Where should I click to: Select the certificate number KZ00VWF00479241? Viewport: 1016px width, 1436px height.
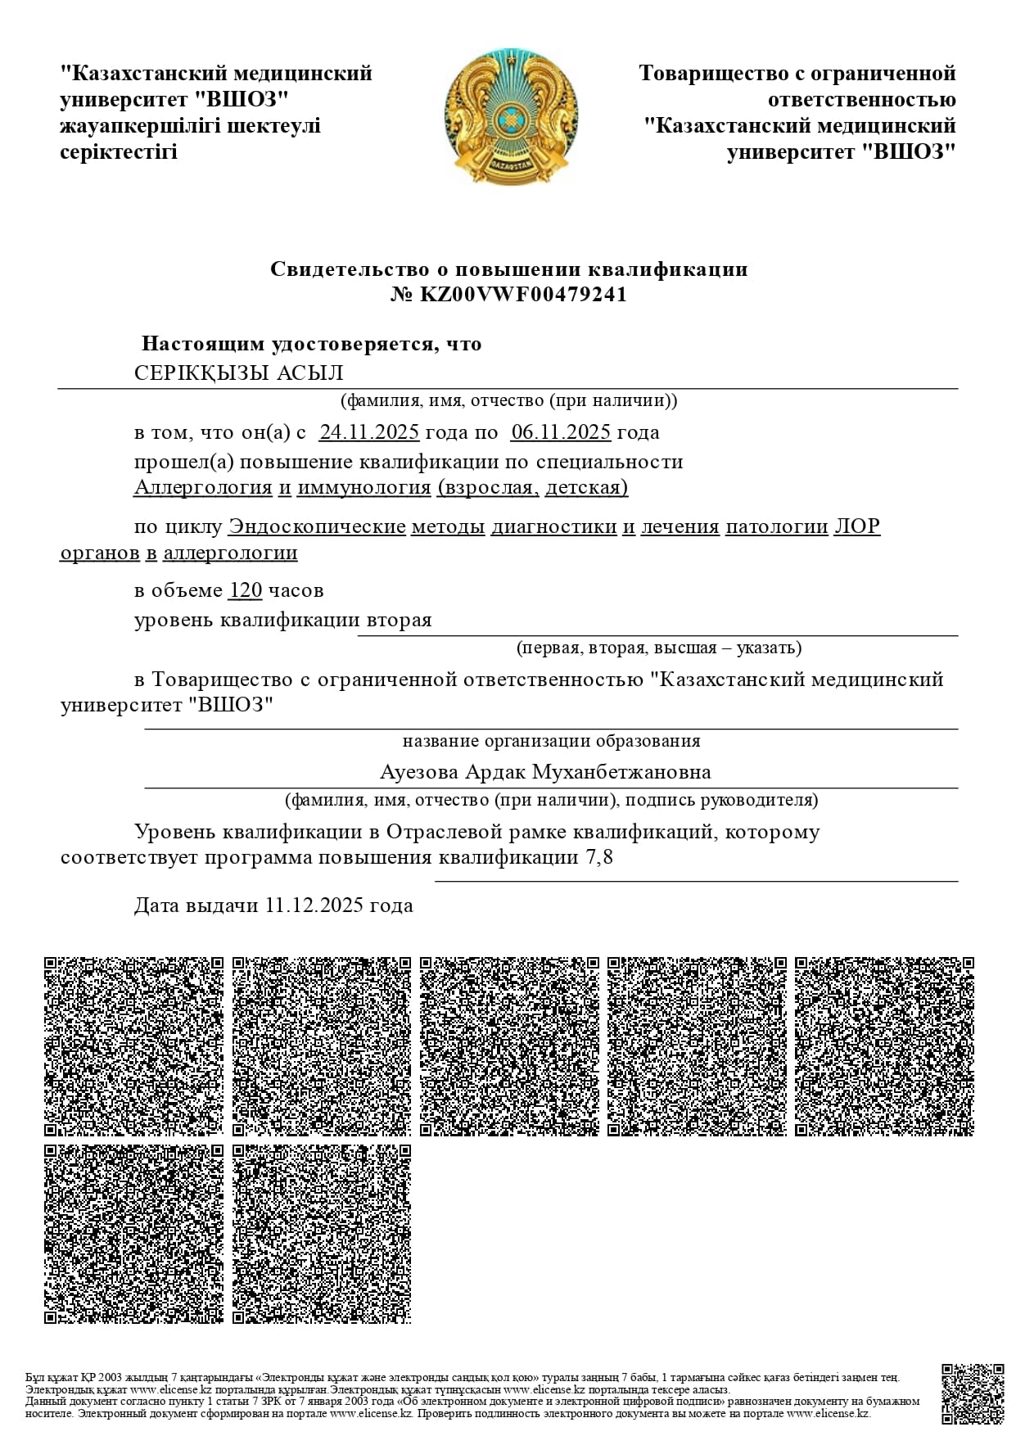[523, 295]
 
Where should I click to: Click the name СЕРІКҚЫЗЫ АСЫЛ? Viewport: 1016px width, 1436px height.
[239, 373]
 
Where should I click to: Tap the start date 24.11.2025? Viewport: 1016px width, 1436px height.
[369, 432]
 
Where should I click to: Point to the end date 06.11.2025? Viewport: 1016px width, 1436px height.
[561, 432]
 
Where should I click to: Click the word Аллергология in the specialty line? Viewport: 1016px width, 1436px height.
[203, 488]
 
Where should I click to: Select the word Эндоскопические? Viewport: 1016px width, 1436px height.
[317, 526]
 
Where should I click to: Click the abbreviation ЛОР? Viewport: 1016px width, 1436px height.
[856, 526]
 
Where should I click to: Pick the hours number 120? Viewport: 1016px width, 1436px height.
[246, 590]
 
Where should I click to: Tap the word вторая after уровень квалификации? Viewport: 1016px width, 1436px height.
[399, 621]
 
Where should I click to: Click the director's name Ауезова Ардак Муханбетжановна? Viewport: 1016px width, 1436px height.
[545, 772]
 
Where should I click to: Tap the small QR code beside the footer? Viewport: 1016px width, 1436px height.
[972, 1393]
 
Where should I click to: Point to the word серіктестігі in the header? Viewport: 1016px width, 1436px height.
[119, 152]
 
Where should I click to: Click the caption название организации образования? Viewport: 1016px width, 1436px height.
[551, 742]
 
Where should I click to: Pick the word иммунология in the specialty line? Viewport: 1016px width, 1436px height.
[364, 488]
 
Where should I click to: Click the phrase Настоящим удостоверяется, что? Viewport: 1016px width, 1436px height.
[311, 344]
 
